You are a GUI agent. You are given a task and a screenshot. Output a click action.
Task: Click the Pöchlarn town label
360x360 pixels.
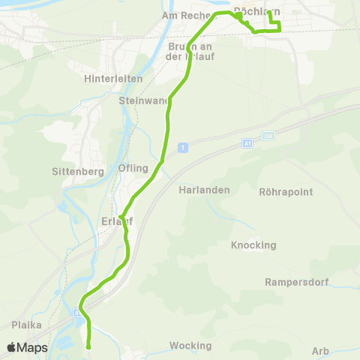tap(257, 11)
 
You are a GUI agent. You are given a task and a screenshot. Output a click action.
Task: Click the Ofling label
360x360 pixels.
tap(133, 168)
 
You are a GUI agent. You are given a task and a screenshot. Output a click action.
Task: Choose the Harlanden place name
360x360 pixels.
tap(203, 190)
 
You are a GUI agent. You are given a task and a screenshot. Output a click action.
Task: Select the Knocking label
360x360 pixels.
tap(253, 245)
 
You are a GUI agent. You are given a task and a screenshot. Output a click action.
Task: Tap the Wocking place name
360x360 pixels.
tap(190, 346)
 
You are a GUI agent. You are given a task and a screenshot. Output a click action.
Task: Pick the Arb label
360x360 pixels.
tap(320, 350)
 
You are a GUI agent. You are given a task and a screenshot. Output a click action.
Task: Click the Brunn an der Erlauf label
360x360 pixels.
tap(185, 51)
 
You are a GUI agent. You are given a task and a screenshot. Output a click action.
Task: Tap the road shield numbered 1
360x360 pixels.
tap(182, 148)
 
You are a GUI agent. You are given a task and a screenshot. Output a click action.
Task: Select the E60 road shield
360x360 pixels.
tap(268, 136)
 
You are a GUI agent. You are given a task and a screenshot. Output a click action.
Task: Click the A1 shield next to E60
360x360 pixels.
tap(247, 142)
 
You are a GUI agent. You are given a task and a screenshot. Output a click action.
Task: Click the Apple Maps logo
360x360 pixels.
tap(27, 347)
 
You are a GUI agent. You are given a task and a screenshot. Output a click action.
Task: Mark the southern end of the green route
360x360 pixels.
tap(88, 347)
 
